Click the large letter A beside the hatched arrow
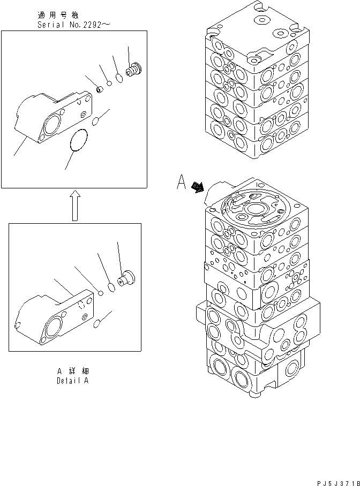coord(182,184)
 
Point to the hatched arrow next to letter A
coord(198,186)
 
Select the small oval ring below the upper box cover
coord(97,122)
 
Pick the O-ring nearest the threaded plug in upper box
coord(120,78)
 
